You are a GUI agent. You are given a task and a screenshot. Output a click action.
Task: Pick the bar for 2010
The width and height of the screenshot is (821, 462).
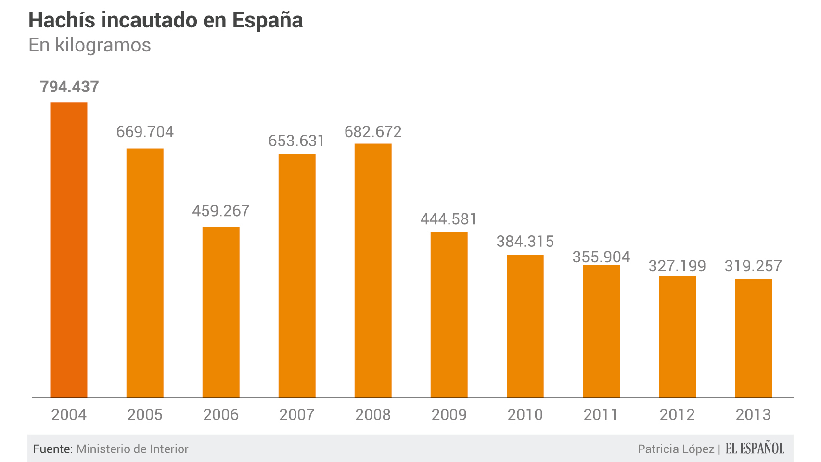click(x=525, y=326)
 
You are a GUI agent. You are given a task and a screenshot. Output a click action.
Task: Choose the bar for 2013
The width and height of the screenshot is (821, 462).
click(x=753, y=338)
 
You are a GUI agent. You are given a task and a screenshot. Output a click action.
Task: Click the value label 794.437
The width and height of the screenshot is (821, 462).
click(x=69, y=87)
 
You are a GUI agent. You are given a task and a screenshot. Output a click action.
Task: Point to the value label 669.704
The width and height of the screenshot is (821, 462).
click(x=145, y=132)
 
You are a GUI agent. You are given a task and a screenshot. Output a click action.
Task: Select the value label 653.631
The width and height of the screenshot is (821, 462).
click(x=296, y=141)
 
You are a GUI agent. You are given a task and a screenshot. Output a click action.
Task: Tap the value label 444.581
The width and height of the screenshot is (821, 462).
click(x=449, y=219)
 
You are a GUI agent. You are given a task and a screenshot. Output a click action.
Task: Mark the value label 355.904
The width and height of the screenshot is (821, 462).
click(x=601, y=257)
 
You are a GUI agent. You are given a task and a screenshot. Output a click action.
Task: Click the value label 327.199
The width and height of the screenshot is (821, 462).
click(x=677, y=266)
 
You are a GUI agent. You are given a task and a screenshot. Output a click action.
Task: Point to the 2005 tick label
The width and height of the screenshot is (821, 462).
click(x=145, y=415)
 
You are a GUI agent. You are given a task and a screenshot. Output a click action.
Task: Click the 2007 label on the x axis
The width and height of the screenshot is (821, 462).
click(x=297, y=415)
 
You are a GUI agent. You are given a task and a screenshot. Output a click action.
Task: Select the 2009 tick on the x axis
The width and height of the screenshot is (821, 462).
click(x=449, y=415)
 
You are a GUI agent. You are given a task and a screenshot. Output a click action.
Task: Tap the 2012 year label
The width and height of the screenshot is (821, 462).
click(x=677, y=415)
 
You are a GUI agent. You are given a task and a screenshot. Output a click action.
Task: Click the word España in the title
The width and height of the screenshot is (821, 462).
click(x=268, y=21)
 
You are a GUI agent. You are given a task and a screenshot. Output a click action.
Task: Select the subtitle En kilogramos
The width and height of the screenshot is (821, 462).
click(x=90, y=45)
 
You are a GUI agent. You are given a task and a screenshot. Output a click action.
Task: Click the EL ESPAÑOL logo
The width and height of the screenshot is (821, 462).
click(x=755, y=449)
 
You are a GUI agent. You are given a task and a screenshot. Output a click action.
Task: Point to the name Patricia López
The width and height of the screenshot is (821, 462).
click(x=676, y=449)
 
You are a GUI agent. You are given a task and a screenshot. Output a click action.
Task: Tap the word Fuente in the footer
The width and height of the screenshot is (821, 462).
click(x=52, y=449)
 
